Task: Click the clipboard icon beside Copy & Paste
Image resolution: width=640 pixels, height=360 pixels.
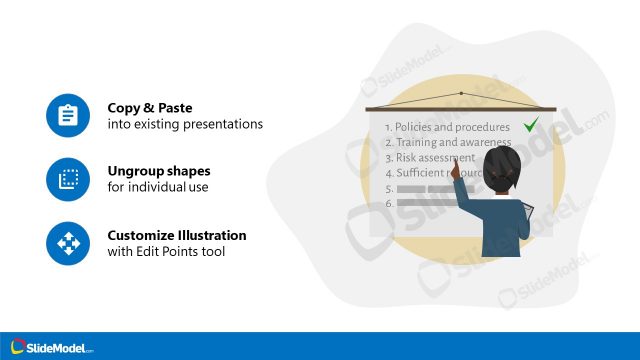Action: coord(68,115)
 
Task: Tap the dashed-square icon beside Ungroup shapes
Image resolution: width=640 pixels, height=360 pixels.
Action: coord(68,180)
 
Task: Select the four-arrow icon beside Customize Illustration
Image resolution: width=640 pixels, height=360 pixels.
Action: coord(68,243)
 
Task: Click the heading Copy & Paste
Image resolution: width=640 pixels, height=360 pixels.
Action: coord(150,108)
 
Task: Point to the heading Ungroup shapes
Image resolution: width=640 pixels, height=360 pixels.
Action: coord(159,171)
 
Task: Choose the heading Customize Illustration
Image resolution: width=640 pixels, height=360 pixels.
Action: coord(177,236)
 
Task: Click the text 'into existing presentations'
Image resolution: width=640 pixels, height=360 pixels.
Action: coord(185,124)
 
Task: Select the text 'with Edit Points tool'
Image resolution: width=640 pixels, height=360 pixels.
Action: coord(166,251)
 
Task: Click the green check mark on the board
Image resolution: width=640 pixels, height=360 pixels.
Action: coord(531,125)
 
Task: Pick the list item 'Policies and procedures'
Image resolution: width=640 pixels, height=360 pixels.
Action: coord(447,127)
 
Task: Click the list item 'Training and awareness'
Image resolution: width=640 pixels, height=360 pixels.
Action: coord(447,142)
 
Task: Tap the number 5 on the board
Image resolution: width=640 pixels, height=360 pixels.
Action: coord(388,188)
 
